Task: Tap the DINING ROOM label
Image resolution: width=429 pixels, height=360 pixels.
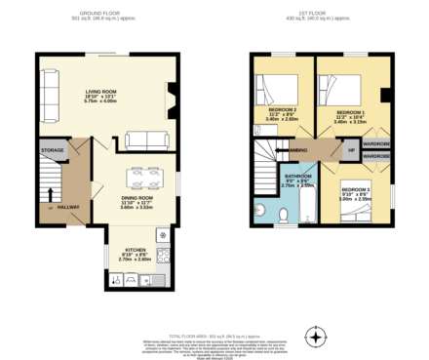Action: click(137, 198)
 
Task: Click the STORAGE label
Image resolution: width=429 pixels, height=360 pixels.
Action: click(52, 150)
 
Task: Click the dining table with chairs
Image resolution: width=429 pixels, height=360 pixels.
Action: click(152, 180)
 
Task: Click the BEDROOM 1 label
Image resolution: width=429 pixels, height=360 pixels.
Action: click(350, 112)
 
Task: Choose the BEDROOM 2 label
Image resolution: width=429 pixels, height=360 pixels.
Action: click(356, 188)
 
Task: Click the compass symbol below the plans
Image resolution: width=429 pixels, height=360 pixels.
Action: click(314, 338)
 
